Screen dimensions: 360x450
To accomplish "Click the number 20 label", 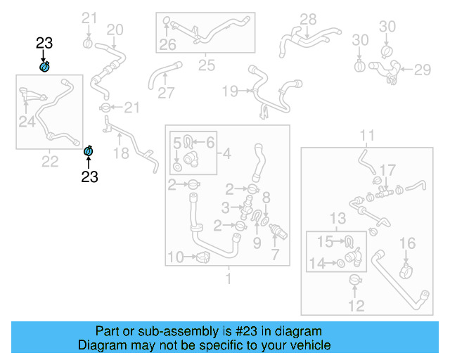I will click(x=115, y=30).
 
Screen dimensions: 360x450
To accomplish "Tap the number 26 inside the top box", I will click(x=167, y=46).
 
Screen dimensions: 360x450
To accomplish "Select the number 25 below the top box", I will click(x=206, y=65).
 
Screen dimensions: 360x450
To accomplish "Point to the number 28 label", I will click(x=308, y=19).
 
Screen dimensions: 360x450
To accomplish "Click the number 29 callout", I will click(x=422, y=70).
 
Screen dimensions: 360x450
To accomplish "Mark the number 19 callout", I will click(x=231, y=91).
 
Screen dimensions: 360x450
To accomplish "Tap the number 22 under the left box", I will click(x=49, y=162).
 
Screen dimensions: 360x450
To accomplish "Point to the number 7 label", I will click(x=275, y=254).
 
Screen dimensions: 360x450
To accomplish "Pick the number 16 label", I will click(x=409, y=243).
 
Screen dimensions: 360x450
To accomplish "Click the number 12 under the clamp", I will click(x=356, y=305).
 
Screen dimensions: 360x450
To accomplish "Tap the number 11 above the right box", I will click(x=368, y=135).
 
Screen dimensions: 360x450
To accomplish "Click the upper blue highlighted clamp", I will click(x=44, y=66).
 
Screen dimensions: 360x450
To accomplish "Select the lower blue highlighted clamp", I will click(x=89, y=150).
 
